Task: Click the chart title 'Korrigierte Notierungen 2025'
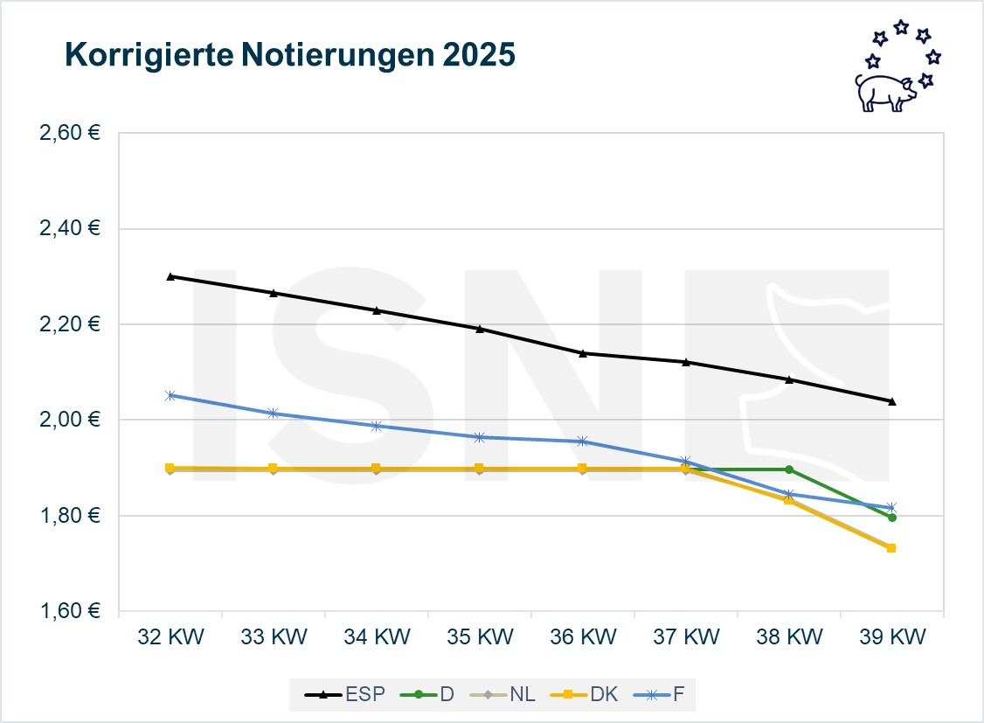pos(290,56)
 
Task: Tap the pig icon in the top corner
pos(884,91)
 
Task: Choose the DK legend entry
pos(586,694)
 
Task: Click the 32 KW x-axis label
pos(170,636)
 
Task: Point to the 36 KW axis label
pos(582,636)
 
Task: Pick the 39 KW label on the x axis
pos(891,636)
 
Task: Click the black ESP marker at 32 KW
pos(170,276)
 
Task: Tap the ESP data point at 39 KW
pos(891,401)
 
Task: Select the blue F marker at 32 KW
pos(170,395)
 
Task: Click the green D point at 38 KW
pos(789,469)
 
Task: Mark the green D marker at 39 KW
pos(891,518)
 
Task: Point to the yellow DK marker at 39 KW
pos(891,548)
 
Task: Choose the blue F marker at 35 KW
pos(479,437)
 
